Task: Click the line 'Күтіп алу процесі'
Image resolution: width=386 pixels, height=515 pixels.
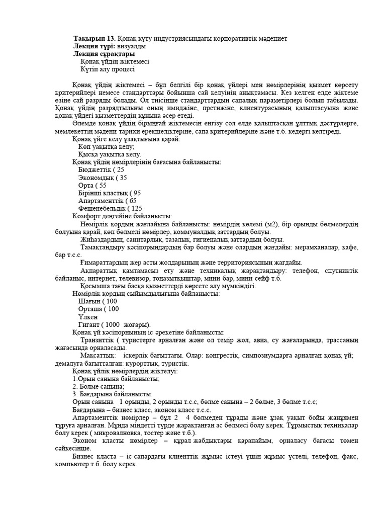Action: (x=107, y=69)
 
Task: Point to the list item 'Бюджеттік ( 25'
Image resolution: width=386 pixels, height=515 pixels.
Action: (x=101, y=169)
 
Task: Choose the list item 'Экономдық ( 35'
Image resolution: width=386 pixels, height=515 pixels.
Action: (x=103, y=178)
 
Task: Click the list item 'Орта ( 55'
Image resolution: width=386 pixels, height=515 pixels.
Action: (x=92, y=185)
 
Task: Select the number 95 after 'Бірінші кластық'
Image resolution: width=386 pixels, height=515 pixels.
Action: (x=137, y=193)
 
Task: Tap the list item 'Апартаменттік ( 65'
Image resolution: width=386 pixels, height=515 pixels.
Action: (x=107, y=200)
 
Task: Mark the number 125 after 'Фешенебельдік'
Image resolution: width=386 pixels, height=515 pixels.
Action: (x=137, y=208)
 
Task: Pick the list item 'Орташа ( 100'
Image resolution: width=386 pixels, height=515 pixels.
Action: (x=99, y=309)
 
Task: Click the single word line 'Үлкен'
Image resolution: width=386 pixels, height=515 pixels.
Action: (x=88, y=317)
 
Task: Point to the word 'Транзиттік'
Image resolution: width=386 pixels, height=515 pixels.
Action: (x=98, y=340)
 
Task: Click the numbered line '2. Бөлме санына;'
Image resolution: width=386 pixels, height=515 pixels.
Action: (x=98, y=386)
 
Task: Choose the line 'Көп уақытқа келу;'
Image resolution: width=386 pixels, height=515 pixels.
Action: (x=107, y=146)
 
